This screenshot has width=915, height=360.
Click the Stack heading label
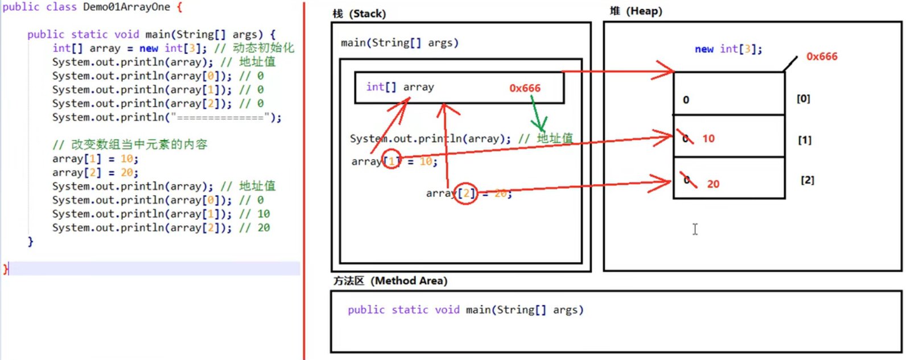(359, 14)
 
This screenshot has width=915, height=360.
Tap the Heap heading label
(636, 11)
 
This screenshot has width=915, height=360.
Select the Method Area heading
(390, 281)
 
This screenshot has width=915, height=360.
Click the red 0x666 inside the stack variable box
(525, 88)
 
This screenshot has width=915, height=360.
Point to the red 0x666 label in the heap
(822, 56)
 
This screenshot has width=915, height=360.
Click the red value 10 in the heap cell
(708, 139)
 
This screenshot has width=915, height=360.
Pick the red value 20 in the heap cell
(713, 184)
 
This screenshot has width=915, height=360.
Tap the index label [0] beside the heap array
(803, 98)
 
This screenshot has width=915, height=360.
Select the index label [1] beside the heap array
(804, 140)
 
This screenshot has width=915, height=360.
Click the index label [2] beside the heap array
(807, 180)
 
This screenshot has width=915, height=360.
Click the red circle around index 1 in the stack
(391, 160)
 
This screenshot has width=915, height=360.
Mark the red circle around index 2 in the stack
(465, 193)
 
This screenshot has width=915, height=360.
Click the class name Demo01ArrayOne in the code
(126, 7)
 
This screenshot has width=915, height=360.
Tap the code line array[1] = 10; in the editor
(95, 159)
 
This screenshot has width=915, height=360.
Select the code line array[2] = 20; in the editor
(95, 172)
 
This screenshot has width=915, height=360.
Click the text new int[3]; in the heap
(728, 49)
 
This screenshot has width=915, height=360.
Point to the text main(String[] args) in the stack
(399, 43)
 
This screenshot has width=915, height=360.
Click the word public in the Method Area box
(366, 310)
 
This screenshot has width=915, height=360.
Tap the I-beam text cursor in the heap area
(695, 229)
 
